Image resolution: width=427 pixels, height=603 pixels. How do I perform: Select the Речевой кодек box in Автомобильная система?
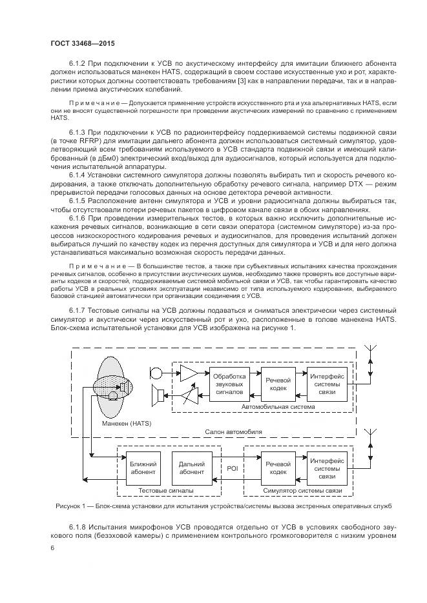(278, 383)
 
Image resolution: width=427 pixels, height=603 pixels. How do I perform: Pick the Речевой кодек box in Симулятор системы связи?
(278, 468)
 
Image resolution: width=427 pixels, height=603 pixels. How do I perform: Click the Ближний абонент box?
(143, 468)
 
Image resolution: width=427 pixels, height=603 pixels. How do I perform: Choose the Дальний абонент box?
(193, 468)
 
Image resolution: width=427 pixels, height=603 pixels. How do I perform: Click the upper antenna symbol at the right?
(370, 356)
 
